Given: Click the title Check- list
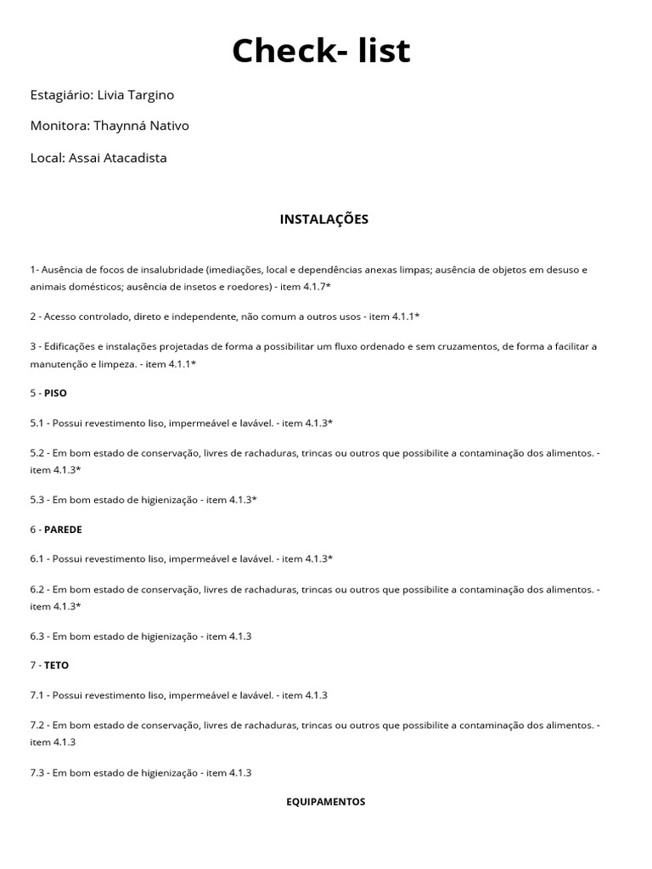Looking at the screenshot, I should click(x=321, y=51).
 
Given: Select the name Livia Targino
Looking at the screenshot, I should click(x=136, y=95).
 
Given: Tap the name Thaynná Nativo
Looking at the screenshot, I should click(x=142, y=126).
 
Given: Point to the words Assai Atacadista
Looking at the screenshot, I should click(x=118, y=158).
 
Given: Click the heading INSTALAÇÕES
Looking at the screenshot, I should click(x=324, y=219).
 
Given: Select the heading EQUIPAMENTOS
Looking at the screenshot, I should click(x=325, y=801).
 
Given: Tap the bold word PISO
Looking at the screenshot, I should click(x=55, y=393).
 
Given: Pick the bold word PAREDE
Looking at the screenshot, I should click(x=63, y=529).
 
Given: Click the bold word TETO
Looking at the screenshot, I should click(x=56, y=665).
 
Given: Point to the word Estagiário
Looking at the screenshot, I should click(x=60, y=95).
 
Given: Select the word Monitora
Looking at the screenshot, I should click(x=58, y=126).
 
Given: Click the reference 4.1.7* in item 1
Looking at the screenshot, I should click(x=316, y=287).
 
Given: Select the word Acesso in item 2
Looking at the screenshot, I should click(x=64, y=317).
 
